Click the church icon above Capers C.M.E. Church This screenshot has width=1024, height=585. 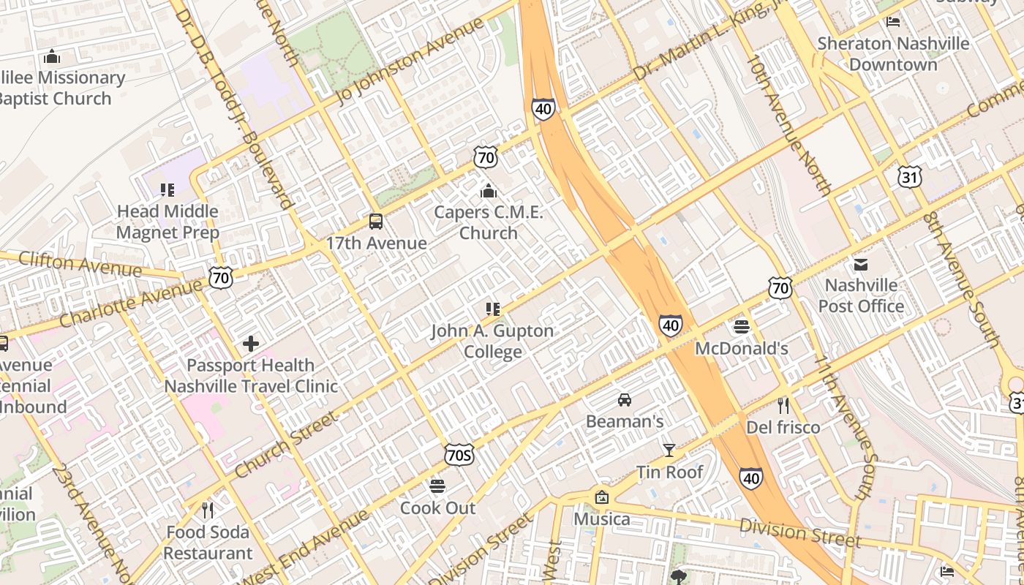(489, 192)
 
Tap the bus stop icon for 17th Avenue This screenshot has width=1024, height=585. (376, 222)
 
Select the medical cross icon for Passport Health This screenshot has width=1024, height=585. (251, 344)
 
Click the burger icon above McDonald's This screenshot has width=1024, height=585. (742, 327)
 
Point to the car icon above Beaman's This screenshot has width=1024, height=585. (625, 400)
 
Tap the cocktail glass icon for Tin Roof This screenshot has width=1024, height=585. (669, 450)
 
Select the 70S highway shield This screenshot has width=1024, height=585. (459, 456)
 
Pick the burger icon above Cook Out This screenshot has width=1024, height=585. (437, 486)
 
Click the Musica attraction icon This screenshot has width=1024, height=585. (601, 497)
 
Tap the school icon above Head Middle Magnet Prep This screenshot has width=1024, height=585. (167, 190)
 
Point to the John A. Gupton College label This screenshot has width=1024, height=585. (492, 341)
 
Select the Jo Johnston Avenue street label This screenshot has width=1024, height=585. (410, 61)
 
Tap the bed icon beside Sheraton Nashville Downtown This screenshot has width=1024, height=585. (892, 21)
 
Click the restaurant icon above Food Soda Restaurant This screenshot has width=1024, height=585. (208, 510)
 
